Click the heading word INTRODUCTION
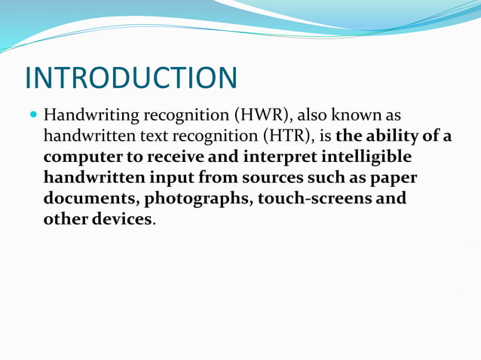point(130,78)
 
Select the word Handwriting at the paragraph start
point(88,117)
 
